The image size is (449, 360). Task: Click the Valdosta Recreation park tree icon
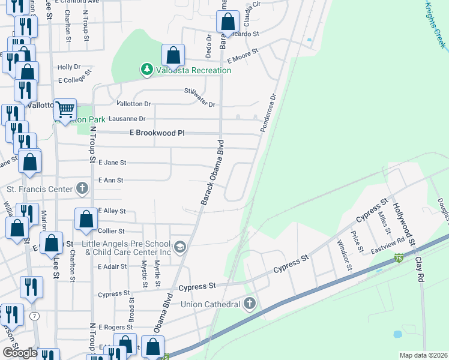click(146, 70)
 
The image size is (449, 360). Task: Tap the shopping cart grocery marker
click(65, 110)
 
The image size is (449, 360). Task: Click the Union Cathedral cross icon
click(249, 304)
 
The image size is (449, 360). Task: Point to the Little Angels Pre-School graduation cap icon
click(179, 247)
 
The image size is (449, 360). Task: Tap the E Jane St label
click(112, 163)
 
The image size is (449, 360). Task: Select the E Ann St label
click(110, 180)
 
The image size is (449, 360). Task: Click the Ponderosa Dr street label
click(268, 112)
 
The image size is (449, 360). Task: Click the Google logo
click(20, 352)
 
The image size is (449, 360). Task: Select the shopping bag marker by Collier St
click(86, 220)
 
